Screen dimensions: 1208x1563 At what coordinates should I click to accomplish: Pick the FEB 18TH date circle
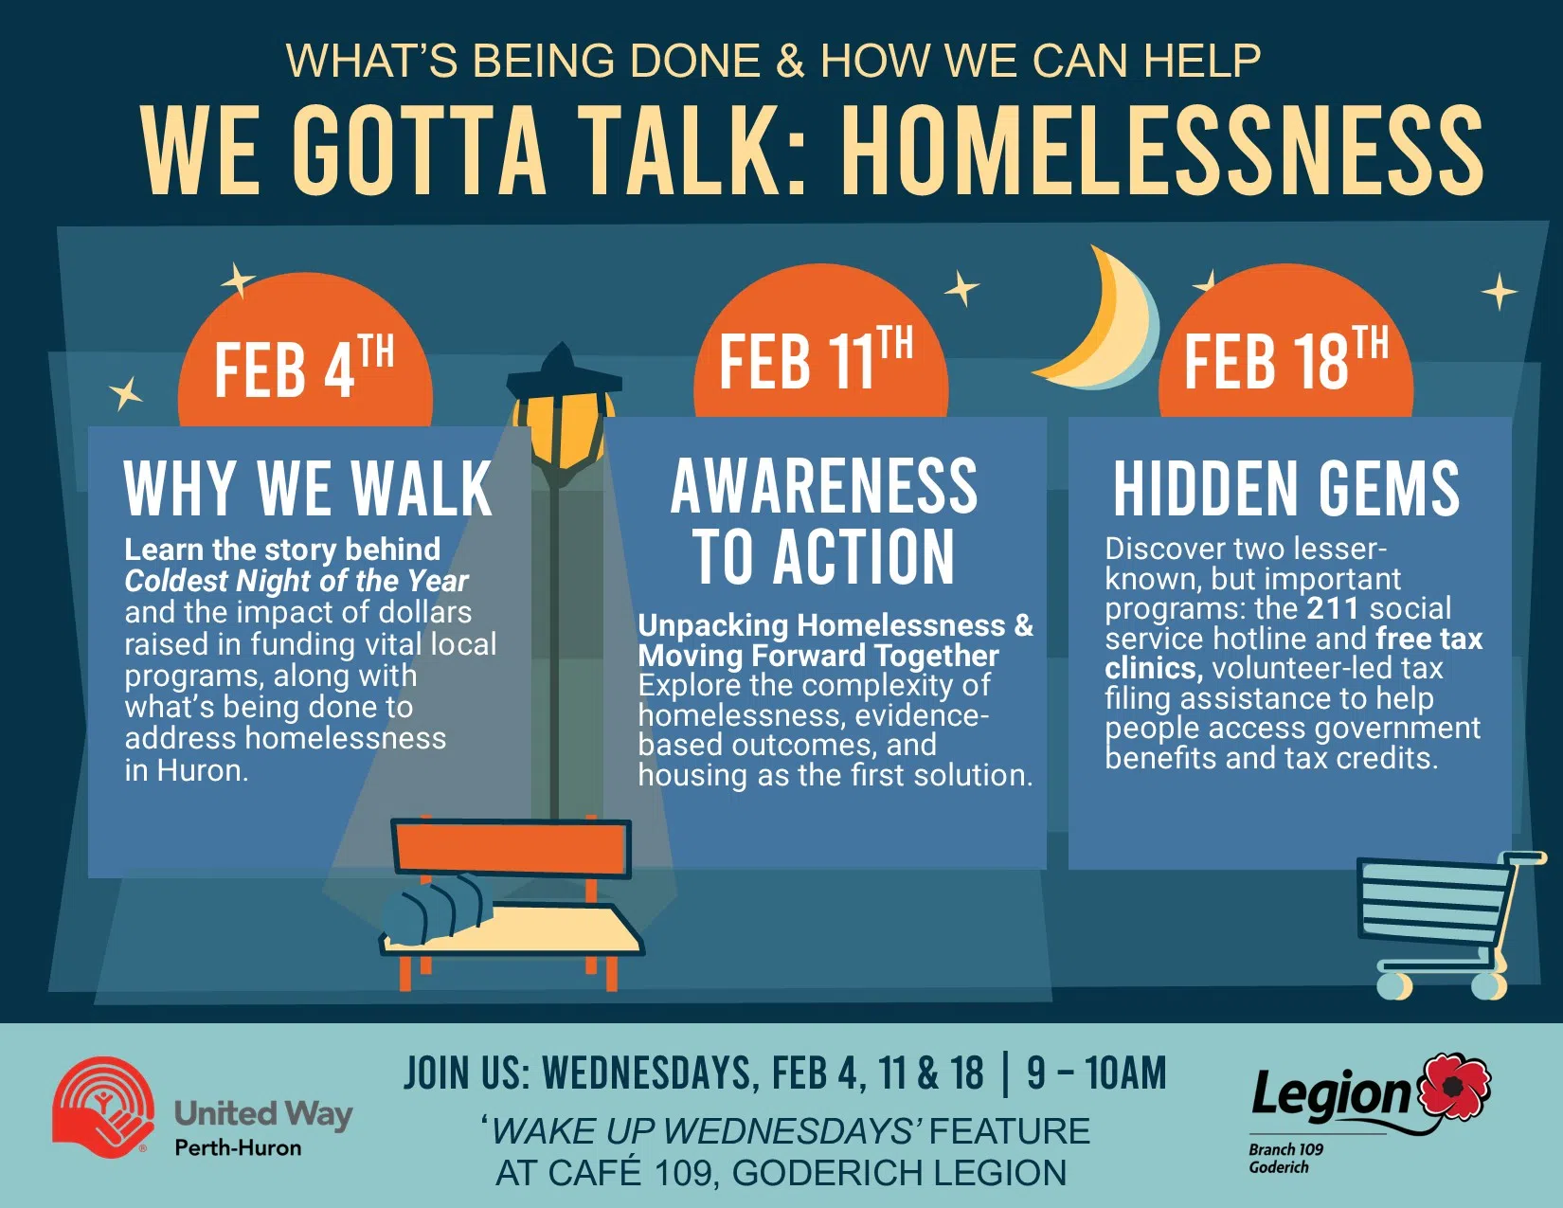tap(1285, 359)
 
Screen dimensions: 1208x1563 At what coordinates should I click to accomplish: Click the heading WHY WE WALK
tap(308, 489)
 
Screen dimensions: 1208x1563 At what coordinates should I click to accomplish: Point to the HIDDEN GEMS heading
tap(1285, 489)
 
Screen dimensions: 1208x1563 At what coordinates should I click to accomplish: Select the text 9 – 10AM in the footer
tap(1096, 1073)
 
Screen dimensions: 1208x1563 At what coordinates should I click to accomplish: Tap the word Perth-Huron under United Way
tap(238, 1147)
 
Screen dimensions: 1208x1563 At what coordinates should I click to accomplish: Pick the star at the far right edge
tap(1499, 291)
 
